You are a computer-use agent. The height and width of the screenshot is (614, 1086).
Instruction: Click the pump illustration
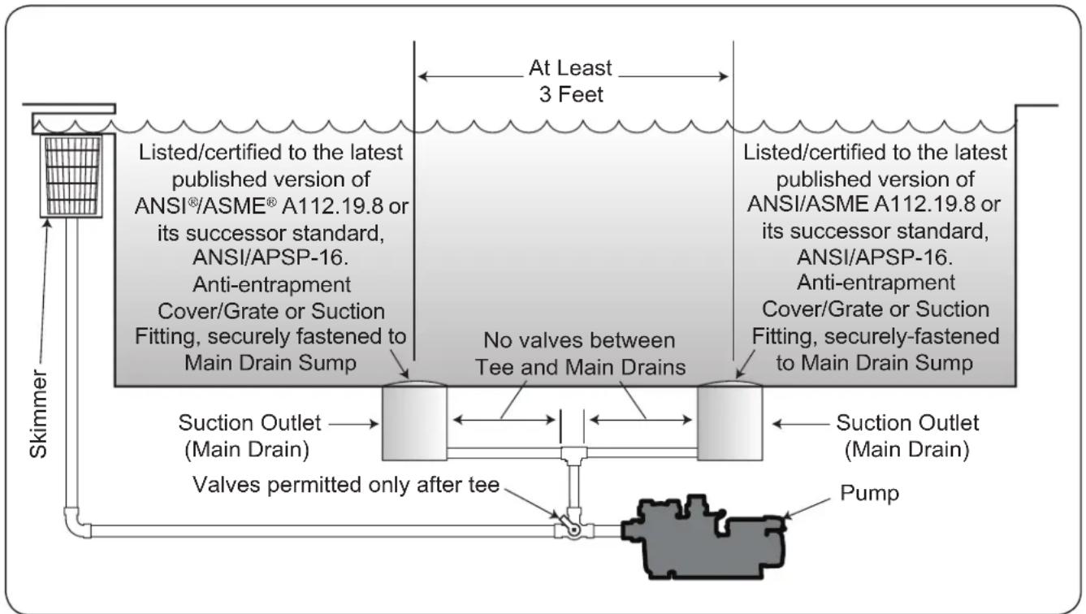703,538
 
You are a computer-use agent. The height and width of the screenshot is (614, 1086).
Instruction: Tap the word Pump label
869,493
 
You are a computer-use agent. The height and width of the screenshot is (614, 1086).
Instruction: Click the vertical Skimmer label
38,413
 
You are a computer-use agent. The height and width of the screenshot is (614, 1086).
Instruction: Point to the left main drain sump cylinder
414,422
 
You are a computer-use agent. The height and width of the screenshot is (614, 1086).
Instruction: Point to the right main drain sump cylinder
729,422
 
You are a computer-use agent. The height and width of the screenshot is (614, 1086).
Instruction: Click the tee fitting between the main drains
573,454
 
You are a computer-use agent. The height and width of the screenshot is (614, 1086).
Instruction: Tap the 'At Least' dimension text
570,68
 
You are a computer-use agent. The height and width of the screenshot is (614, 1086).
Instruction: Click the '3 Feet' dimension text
571,94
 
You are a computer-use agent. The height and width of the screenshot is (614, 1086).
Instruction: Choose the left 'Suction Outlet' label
249,422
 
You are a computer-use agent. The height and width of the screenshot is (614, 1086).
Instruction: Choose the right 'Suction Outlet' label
907,422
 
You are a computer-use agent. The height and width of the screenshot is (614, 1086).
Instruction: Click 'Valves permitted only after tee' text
346,485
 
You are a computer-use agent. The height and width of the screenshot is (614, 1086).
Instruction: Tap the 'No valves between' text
579,340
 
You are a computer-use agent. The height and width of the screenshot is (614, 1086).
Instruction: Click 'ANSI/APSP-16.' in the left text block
270,257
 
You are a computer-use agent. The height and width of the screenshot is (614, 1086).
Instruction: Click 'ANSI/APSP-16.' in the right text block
875,257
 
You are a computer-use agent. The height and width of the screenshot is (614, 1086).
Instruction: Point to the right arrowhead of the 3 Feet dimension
724,76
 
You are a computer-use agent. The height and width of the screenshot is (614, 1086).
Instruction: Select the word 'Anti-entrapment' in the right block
876,283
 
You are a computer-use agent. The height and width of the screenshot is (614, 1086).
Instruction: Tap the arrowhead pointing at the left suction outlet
374,424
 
